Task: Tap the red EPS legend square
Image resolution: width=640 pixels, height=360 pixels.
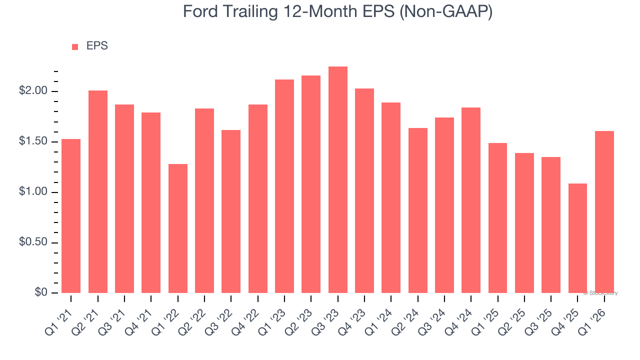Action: [75, 46]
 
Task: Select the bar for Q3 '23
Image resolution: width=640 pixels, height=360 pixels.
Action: [337, 180]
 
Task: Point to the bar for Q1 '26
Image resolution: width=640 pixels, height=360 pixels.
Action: [604, 212]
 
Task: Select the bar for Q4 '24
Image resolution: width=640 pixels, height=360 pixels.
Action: [471, 200]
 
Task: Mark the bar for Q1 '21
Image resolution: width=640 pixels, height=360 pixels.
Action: [71, 216]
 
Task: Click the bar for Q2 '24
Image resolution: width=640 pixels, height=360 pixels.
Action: [417, 210]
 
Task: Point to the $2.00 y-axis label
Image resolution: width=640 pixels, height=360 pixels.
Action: [33, 91]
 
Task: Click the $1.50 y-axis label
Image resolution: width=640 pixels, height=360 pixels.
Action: [33, 141]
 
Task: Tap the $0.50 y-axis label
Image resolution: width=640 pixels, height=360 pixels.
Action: [33, 242]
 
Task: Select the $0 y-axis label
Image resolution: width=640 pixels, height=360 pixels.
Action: [41, 292]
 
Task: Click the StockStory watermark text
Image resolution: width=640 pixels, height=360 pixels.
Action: [600, 293]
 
